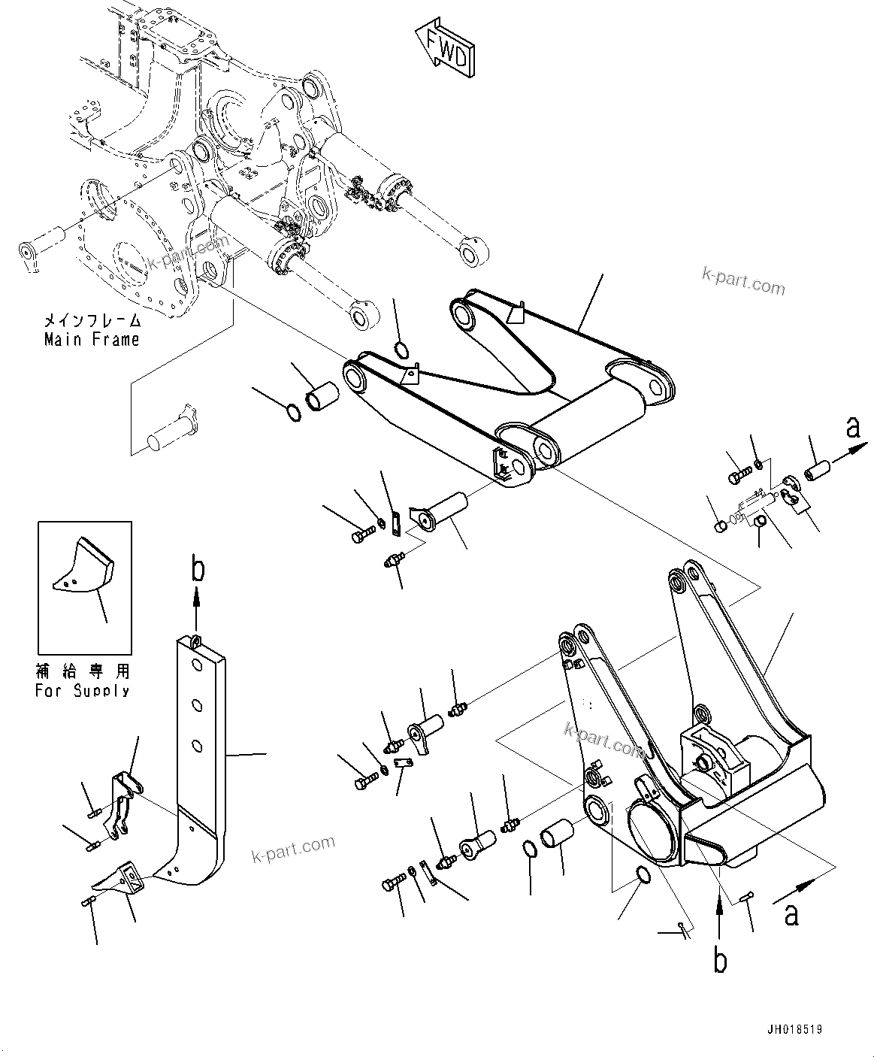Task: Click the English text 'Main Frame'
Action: pyautogui.click(x=92, y=340)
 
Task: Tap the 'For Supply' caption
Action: pyautogui.click(x=82, y=690)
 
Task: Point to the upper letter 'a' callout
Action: pyautogui.click(x=853, y=429)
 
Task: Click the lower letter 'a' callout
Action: pyautogui.click(x=791, y=915)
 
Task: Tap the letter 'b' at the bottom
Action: pyautogui.click(x=720, y=962)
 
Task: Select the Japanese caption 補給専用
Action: pyautogui.click(x=82, y=671)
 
